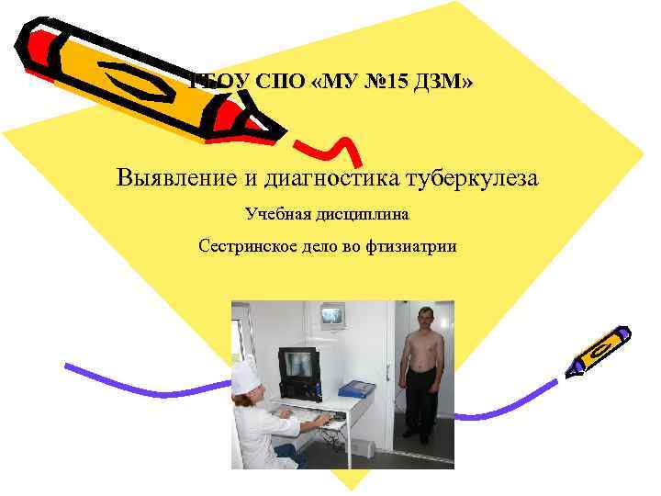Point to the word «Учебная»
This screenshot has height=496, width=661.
click(x=276, y=214)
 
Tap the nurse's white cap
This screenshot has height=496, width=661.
click(x=246, y=375)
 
